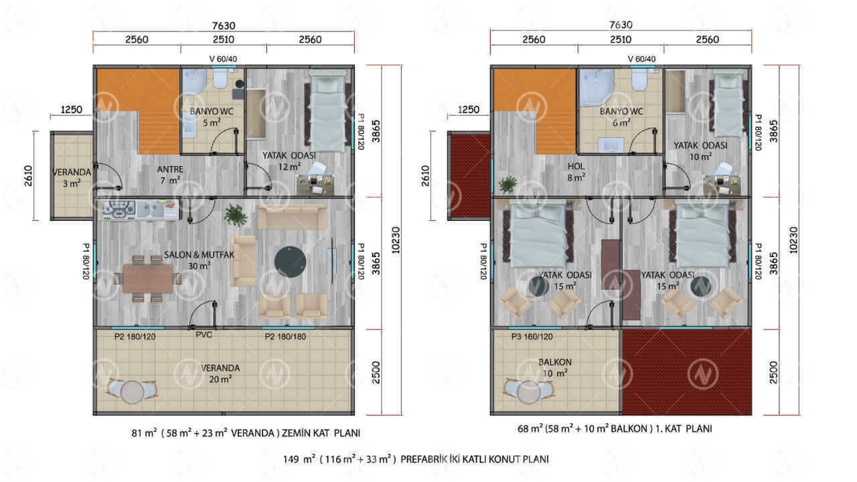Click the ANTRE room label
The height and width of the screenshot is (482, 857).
point(170,169)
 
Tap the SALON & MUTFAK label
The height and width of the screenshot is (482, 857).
point(200,255)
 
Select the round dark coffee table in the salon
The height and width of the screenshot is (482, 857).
point(290,262)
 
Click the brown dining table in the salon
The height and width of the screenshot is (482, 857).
point(148,279)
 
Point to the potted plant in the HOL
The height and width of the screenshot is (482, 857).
point(508,185)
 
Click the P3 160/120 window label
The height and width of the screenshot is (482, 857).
point(532,337)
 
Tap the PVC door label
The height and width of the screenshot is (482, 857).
point(204,335)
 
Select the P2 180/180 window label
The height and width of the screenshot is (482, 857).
point(285,337)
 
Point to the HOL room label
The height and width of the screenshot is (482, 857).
point(576,167)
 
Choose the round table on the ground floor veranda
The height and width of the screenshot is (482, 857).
point(133,392)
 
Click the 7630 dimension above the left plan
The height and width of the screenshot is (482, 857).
point(224,25)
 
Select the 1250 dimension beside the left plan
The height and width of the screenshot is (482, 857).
point(72,110)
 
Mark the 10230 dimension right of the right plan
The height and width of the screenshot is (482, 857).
point(793,240)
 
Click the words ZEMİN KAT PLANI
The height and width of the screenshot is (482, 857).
point(321,433)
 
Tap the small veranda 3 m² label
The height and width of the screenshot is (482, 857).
point(72,178)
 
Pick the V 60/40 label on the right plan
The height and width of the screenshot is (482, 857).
point(641,59)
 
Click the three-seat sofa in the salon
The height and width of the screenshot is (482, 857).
point(293,217)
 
